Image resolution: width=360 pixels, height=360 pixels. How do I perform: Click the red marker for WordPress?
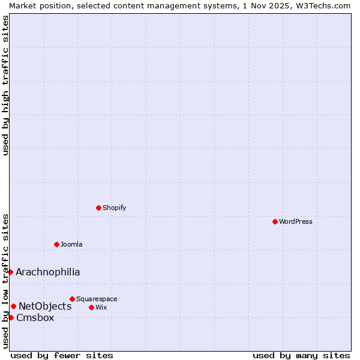(275, 221)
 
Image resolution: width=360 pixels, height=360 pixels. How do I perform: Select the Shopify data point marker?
(98, 208)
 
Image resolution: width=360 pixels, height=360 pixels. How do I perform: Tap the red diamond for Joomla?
(56, 244)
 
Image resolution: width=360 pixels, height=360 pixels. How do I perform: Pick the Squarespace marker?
(72, 299)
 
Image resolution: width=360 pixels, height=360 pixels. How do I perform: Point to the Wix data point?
(91, 307)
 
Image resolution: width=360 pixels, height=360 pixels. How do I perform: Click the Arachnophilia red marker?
(10, 272)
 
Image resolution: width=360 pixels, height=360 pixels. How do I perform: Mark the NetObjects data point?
(13, 306)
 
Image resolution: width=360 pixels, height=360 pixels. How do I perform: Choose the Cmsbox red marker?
(11, 317)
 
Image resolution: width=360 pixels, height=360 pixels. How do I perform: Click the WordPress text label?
(295, 221)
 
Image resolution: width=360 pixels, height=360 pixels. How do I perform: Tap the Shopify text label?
(114, 208)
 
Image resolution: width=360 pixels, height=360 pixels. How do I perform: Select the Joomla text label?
(71, 244)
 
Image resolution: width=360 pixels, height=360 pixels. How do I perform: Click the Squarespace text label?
(97, 299)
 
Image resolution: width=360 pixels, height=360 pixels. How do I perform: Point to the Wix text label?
(101, 307)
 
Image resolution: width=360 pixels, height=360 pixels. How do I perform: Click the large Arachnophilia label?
(47, 272)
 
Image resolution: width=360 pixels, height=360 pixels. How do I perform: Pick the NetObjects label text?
(45, 306)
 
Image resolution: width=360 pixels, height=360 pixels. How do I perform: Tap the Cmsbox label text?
(35, 317)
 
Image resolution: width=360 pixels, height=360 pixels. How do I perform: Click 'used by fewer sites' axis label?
(62, 355)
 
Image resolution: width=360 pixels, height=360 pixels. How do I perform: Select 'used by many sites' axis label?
(301, 355)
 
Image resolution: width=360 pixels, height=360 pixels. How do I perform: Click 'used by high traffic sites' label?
(5, 85)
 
